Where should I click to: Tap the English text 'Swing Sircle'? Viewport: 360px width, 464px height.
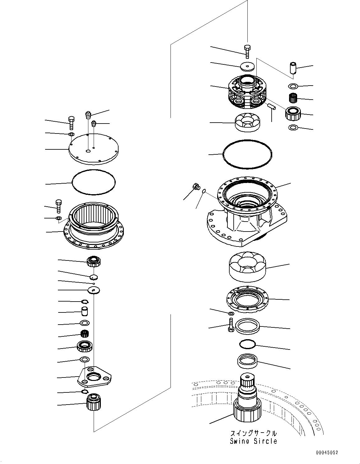click(x=253, y=441)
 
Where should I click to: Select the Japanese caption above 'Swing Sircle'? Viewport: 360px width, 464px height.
click(x=253, y=433)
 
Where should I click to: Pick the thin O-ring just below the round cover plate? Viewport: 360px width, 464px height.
click(x=93, y=182)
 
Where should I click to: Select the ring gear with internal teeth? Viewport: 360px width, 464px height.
click(x=93, y=226)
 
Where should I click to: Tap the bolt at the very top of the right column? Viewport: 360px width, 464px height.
click(x=247, y=51)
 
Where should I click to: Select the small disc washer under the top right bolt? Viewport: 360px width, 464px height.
click(x=247, y=66)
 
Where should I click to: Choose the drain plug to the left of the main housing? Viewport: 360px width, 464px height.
click(x=196, y=187)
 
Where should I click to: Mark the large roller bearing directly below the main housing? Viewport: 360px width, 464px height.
click(x=247, y=266)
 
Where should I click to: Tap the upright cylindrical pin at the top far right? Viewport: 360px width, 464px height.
click(x=293, y=67)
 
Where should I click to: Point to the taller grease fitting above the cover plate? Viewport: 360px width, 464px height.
click(x=89, y=115)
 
